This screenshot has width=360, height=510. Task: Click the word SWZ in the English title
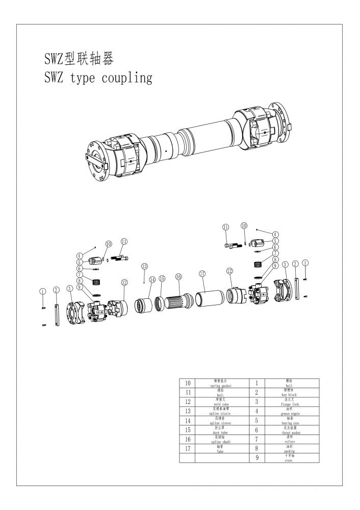click(54, 79)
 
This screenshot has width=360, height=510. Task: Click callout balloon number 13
click(144, 266)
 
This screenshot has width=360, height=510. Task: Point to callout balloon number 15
click(162, 278)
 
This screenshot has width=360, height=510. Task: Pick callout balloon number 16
click(178, 276)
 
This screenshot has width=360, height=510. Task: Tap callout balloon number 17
click(202, 274)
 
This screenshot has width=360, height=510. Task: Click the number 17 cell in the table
click(188, 449)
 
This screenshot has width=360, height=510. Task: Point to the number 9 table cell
click(256, 458)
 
